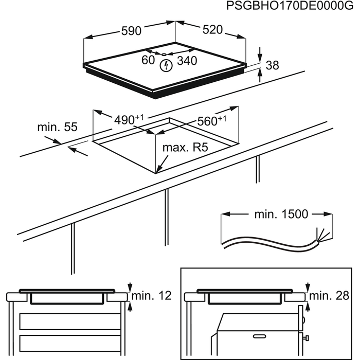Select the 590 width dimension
point(131,31)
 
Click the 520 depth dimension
point(212,30)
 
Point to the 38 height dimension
point(273,65)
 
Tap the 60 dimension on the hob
point(148,61)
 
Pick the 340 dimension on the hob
point(187,61)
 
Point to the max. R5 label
point(185,148)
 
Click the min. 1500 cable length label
point(277,214)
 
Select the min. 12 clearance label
point(151,296)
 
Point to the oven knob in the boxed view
point(307,338)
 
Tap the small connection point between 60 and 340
point(163,54)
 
